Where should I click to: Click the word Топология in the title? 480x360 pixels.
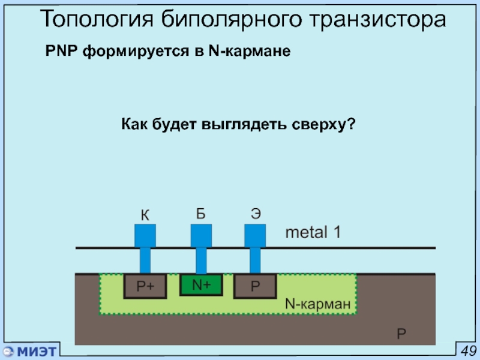(x=97, y=19)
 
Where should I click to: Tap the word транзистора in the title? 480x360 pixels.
(x=378, y=20)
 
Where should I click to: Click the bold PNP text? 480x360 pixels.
(x=61, y=50)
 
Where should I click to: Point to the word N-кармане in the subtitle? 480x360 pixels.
(x=250, y=51)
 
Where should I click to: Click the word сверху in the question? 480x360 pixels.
(x=323, y=124)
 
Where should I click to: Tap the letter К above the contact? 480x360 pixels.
(x=145, y=215)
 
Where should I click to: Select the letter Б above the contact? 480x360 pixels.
(x=201, y=214)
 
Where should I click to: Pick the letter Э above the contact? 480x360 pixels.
(x=256, y=214)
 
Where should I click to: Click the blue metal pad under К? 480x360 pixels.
(x=145, y=236)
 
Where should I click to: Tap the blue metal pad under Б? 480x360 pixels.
(x=201, y=236)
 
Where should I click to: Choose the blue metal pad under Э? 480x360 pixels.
(x=255, y=236)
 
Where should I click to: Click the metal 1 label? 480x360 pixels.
(x=313, y=232)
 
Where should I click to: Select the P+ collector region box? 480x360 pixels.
(x=145, y=286)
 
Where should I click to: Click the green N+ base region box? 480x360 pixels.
(x=201, y=284)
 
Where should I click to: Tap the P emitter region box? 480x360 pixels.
(x=255, y=286)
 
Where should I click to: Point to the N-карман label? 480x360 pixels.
(x=318, y=304)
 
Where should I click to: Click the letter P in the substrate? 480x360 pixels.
(x=401, y=334)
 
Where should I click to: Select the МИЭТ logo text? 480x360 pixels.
(x=37, y=351)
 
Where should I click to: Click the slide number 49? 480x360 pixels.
(x=469, y=351)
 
